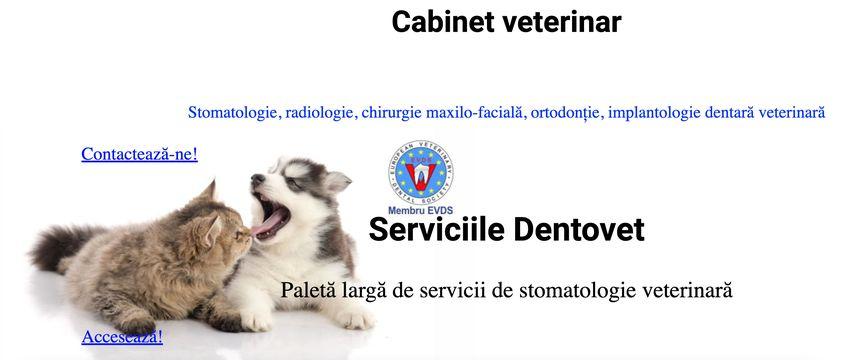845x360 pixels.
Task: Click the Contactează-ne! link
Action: click(x=139, y=154)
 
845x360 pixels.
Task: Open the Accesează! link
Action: click(x=122, y=337)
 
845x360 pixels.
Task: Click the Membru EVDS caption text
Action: click(x=419, y=210)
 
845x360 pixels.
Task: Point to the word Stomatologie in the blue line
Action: click(x=233, y=113)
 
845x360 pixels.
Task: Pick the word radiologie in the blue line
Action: click(x=320, y=113)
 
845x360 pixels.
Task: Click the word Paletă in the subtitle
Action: click(x=311, y=291)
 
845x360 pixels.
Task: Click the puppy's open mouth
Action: click(x=270, y=213)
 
